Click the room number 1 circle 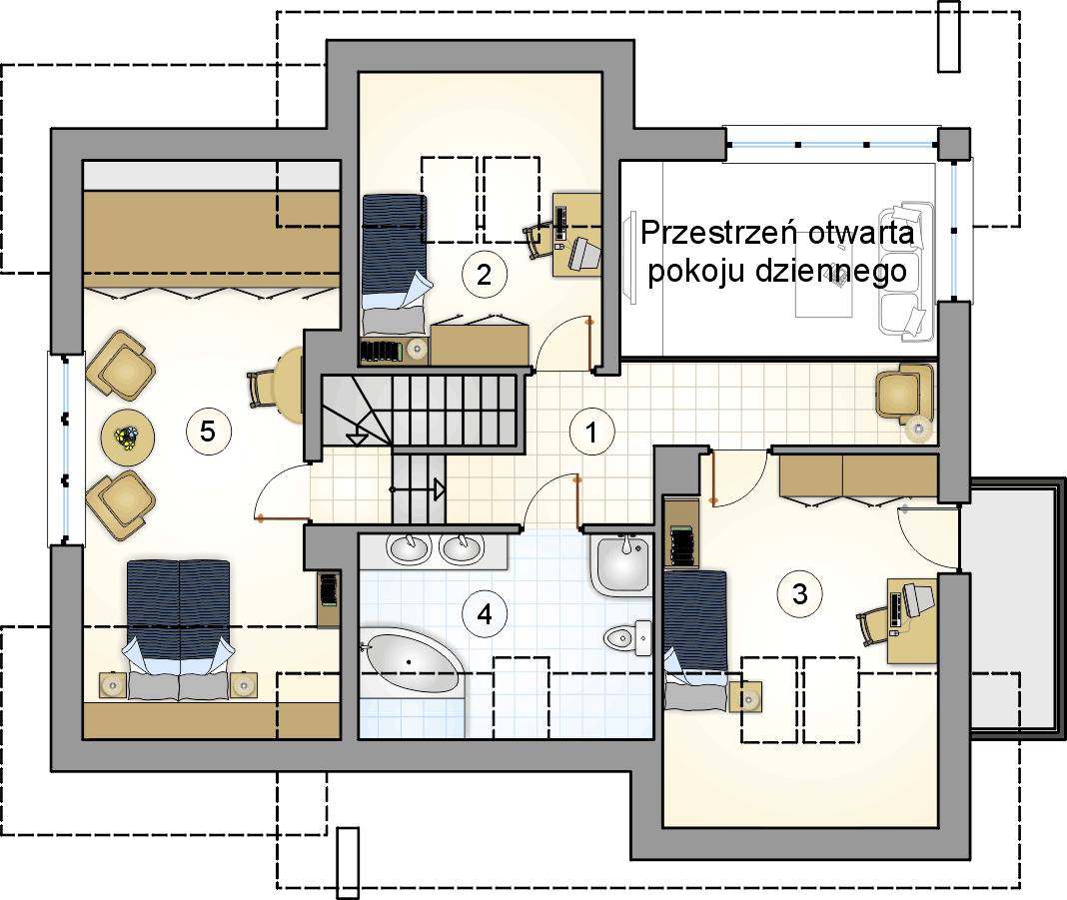tap(592, 432)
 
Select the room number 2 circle tap(484, 274)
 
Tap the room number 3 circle tap(799, 594)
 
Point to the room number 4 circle tap(484, 614)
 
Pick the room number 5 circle tap(208, 431)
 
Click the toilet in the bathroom tap(627, 638)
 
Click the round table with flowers tap(127, 438)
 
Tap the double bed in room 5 tap(178, 630)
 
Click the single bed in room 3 tap(695, 641)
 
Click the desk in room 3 tap(912, 620)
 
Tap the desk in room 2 tap(576, 235)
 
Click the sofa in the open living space tap(905, 271)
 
